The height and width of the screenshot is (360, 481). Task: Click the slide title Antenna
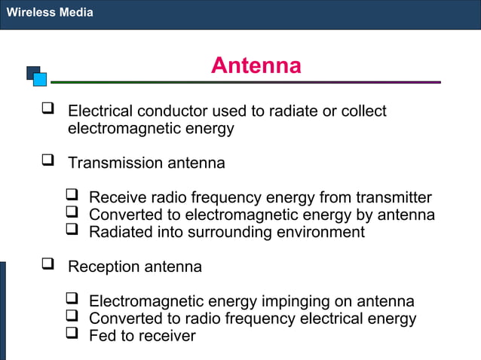[256, 66]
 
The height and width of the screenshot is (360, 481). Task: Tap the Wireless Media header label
[50, 13]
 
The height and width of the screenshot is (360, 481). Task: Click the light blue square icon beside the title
[40, 79]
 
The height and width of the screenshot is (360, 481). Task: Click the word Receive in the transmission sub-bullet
[118, 198]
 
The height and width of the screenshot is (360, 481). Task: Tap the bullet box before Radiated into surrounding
[72, 230]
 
